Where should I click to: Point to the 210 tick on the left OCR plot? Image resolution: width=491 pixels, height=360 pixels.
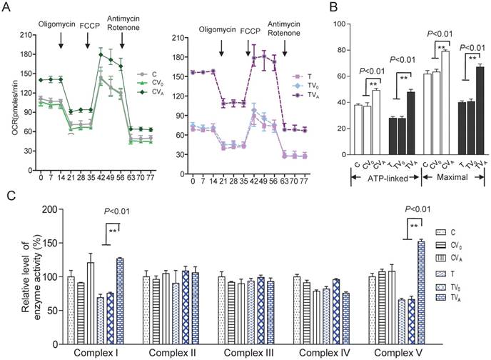point(24,34)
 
